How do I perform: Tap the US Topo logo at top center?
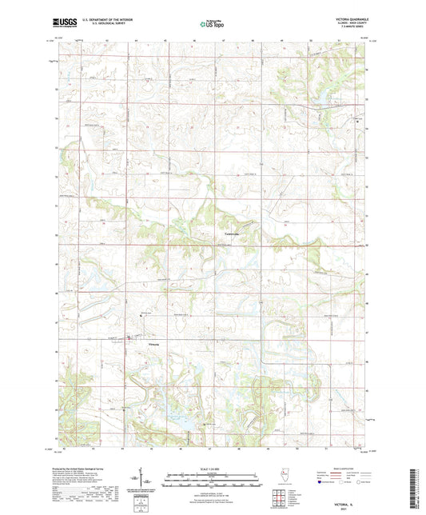[205, 25]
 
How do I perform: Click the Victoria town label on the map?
[153, 344]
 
